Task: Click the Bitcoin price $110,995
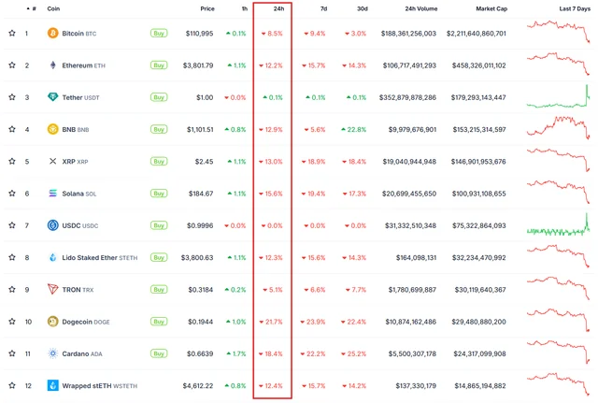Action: point(200,34)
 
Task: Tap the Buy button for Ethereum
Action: point(159,65)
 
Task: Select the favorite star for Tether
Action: point(12,97)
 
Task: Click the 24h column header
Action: point(278,8)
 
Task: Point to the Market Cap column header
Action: point(491,8)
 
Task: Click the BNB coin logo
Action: point(52,129)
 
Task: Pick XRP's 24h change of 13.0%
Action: point(272,162)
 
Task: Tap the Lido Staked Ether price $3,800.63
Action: point(197,257)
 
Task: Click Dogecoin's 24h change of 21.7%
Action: point(272,322)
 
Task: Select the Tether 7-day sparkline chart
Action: point(558,97)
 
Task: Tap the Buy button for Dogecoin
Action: point(159,322)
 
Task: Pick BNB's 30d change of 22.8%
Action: point(353,129)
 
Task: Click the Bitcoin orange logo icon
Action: point(52,34)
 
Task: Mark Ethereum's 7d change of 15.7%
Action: point(314,65)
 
